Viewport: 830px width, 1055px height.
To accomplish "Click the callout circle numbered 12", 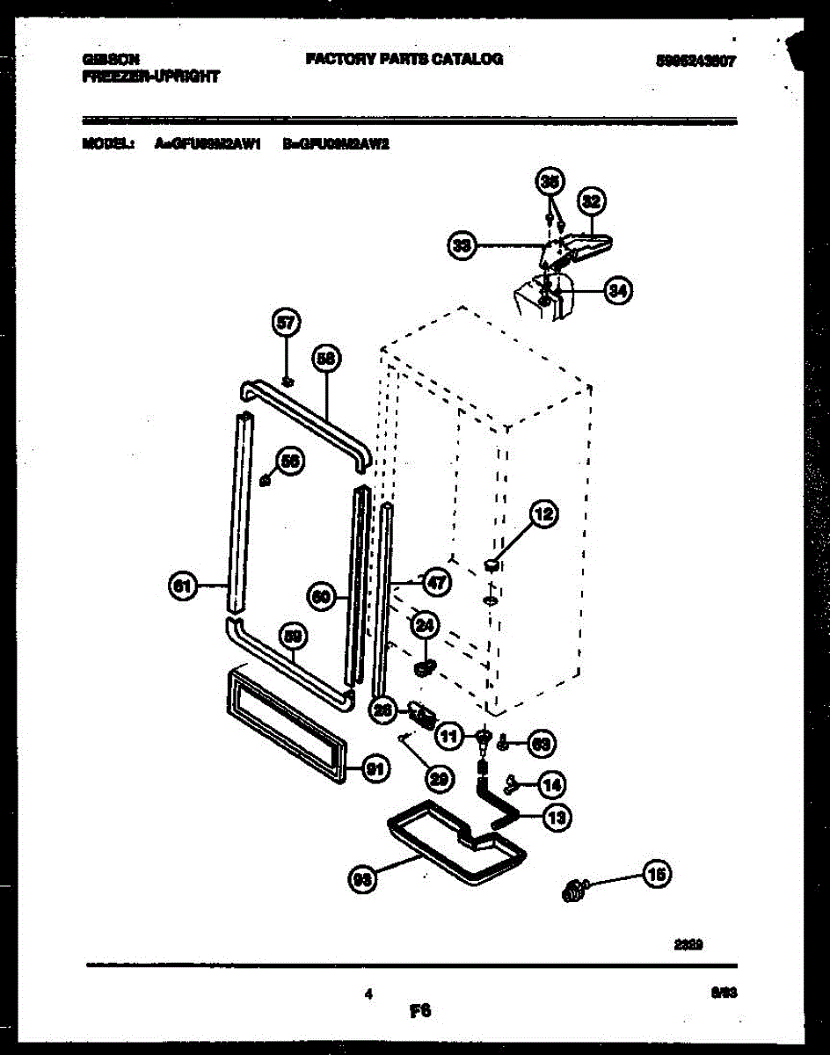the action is [x=544, y=515].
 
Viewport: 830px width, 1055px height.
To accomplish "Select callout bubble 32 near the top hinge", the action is [x=591, y=202].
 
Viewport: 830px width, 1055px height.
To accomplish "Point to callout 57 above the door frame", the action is [x=287, y=324].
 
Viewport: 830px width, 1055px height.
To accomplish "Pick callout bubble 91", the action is [x=375, y=770].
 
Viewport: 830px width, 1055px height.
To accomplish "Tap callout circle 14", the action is [x=551, y=782].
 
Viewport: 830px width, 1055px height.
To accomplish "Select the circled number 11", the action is [x=449, y=737].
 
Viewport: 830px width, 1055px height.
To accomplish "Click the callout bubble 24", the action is [x=425, y=625].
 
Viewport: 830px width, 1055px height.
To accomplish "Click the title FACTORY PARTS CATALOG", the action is [x=404, y=59].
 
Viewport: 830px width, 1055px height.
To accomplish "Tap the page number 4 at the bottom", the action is [x=369, y=994].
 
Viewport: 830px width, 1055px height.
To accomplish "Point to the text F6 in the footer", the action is [x=419, y=1012].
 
